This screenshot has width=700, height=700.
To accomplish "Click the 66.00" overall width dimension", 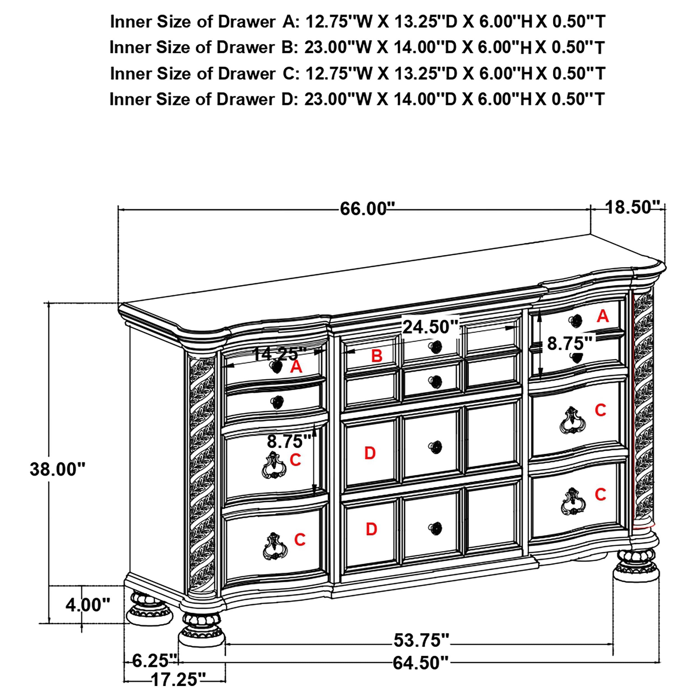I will [367, 209].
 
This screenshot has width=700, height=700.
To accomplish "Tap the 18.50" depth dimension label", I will [633, 207].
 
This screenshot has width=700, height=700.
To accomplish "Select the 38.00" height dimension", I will [57, 469].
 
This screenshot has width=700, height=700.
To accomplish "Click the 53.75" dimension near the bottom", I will [421, 640].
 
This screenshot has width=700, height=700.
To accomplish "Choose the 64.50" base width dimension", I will [421, 663].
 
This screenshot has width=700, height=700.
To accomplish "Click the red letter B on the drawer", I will [376, 356].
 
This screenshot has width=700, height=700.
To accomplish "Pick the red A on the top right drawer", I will [603, 316].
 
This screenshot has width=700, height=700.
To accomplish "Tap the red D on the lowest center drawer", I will [371, 529].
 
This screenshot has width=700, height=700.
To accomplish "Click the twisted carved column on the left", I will [202, 471].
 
